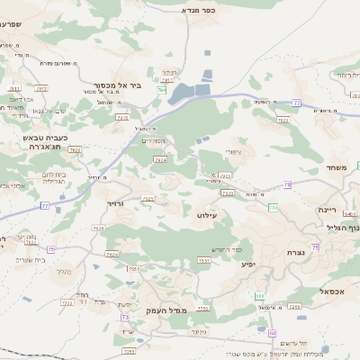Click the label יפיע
coord(248,264)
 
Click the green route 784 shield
coord(161,91)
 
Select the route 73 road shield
coord(123,317)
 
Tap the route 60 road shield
coord(272,333)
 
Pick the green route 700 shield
coord(273,208)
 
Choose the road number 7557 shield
coord(204,261)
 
